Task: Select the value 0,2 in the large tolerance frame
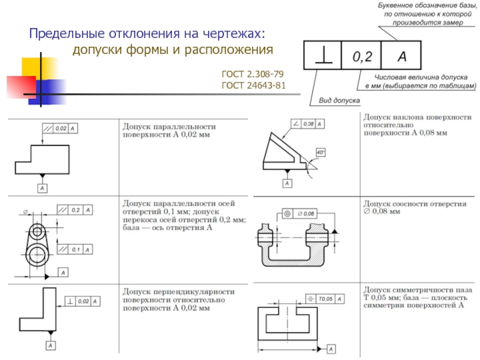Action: coord(362,57)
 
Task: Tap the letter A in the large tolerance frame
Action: coord(401,57)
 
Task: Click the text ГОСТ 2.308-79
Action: coord(253,74)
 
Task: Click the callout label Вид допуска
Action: coord(339,101)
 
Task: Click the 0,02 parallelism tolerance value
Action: coord(61,128)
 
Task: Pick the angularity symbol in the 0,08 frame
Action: coord(295,124)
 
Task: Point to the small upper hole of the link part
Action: coord(38,231)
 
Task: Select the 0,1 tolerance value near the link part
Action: coord(76,249)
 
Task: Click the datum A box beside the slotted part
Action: coord(331,348)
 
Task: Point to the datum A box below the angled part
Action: coord(287,183)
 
